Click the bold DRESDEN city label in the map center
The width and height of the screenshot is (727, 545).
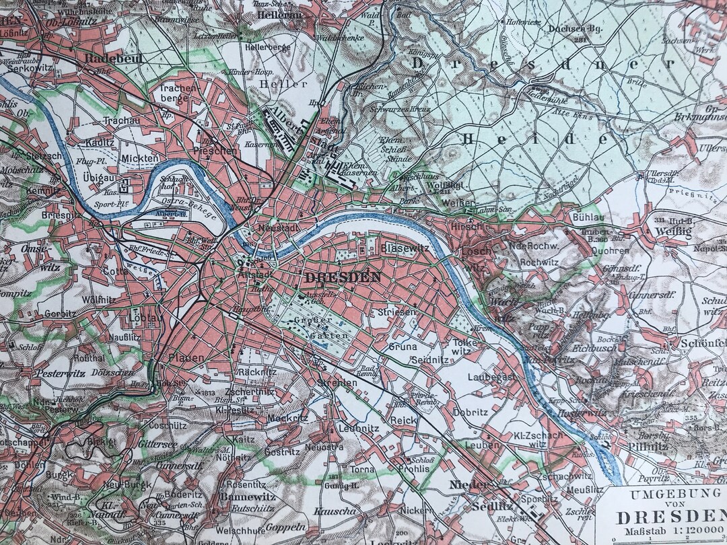coord(343,277)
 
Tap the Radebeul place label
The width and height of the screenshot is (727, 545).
coord(107,59)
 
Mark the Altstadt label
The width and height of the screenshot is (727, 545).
coord(254,275)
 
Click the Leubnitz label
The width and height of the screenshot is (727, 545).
coord(359,428)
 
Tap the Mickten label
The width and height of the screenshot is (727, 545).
coord(139,159)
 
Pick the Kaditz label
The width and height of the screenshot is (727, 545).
coord(99,143)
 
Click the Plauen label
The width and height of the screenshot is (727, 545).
coord(186,358)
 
